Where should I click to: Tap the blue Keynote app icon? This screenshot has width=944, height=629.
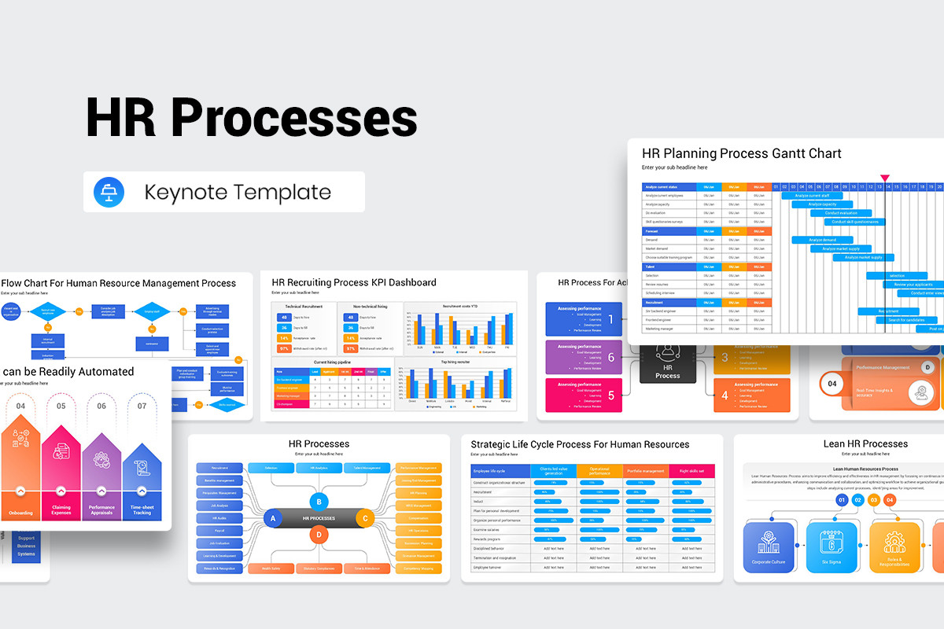(105, 192)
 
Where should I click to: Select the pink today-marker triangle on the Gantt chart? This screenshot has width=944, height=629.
(885, 178)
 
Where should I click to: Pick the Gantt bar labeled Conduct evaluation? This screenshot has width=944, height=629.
(840, 213)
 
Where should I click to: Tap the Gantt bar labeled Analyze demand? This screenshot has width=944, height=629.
(822, 240)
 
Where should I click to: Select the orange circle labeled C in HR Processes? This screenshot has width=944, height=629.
(363, 518)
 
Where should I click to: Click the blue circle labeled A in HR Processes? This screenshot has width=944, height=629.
(273, 518)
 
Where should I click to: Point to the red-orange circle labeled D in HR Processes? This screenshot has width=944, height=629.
(319, 535)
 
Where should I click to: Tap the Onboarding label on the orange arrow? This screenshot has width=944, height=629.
(20, 513)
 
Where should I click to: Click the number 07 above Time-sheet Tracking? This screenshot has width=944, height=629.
(142, 406)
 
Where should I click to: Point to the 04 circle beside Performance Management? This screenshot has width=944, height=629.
(832, 384)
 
